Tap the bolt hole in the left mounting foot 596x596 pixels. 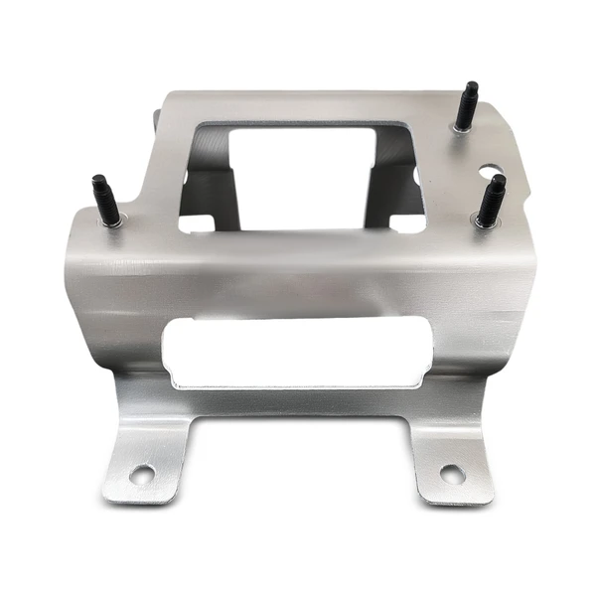(x=142, y=474)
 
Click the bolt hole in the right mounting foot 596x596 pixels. (x=452, y=474)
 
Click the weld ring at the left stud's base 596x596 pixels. (x=111, y=223)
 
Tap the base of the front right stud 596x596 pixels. (x=485, y=221)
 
